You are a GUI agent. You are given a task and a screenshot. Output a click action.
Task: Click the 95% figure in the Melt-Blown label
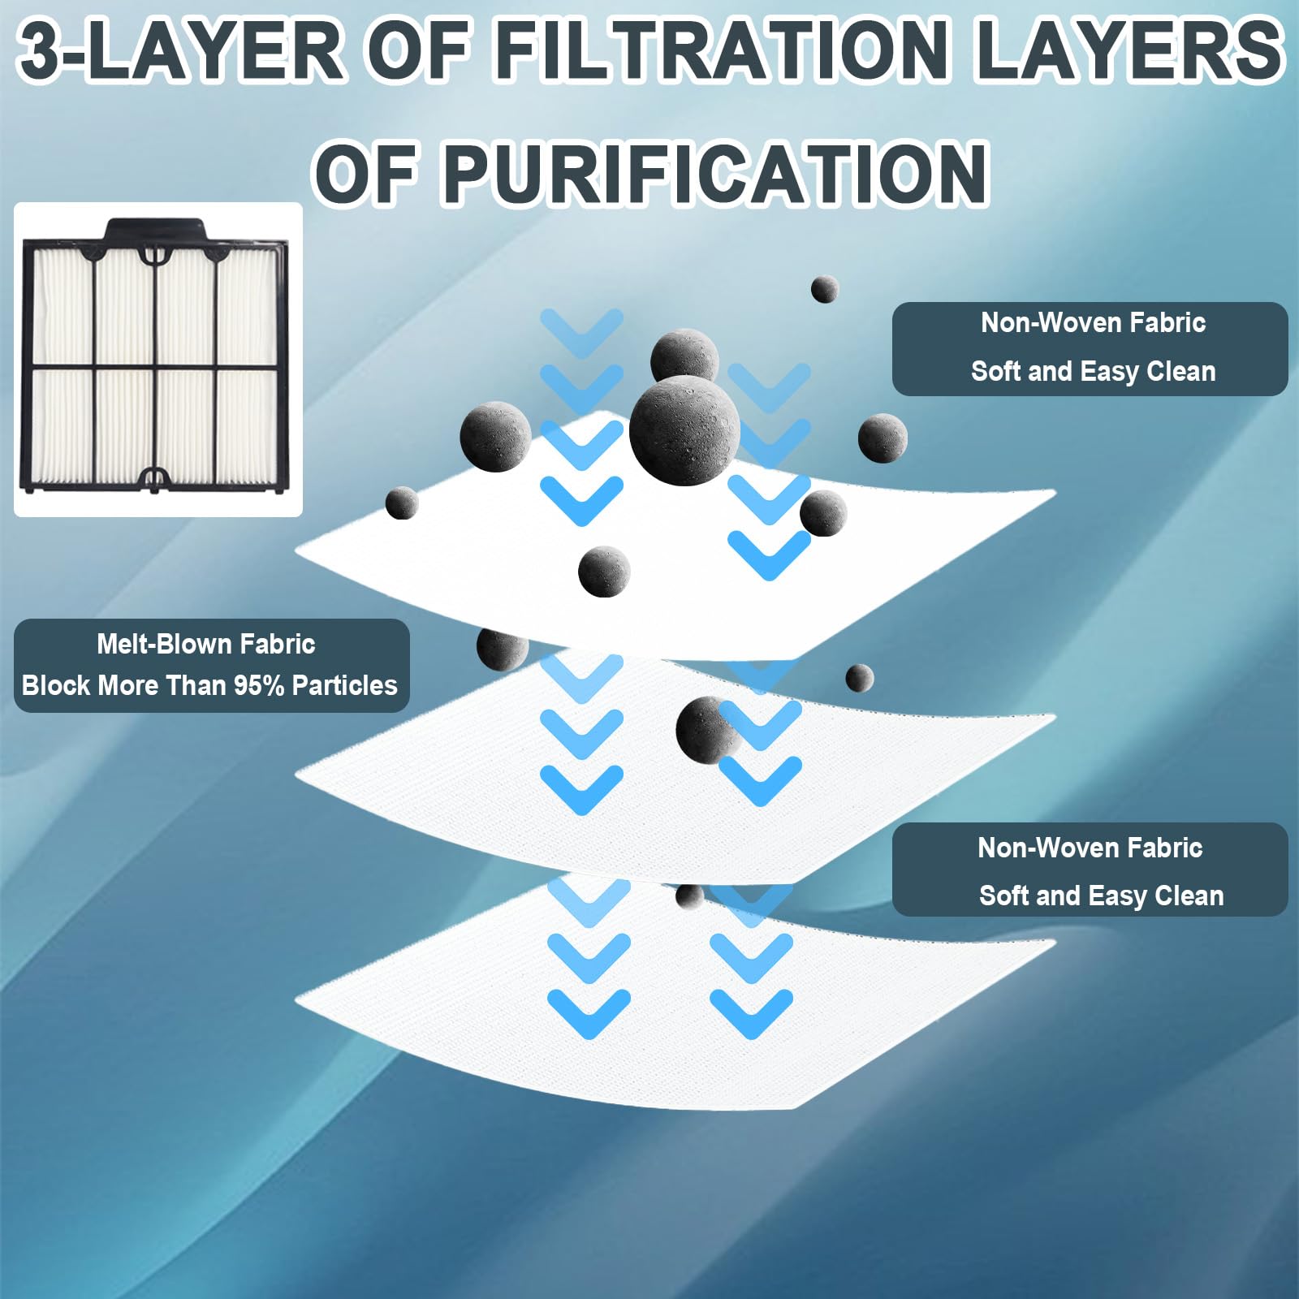[259, 685]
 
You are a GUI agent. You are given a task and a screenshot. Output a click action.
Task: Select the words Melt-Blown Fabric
[206, 644]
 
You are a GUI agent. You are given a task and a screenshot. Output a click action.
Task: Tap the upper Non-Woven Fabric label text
[1093, 323]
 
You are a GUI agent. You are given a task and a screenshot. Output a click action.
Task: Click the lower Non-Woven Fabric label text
[1090, 848]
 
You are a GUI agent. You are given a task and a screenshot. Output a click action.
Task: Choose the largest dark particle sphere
[684, 430]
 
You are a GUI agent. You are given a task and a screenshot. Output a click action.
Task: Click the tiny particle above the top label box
[824, 289]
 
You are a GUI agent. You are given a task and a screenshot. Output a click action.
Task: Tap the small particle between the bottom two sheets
[689, 895]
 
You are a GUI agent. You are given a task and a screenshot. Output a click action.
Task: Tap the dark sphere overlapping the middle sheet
[705, 729]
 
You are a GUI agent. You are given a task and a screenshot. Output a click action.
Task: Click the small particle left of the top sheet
[401, 503]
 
